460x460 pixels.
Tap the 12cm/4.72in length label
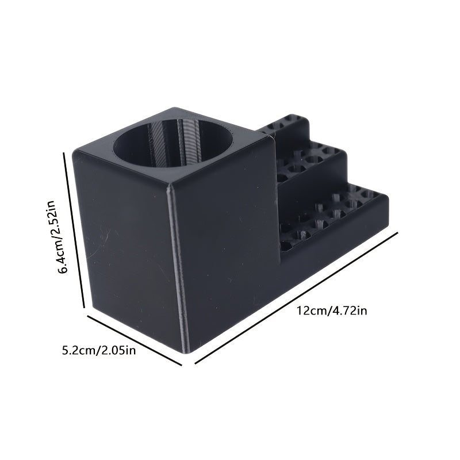pyautogui.click(x=332, y=310)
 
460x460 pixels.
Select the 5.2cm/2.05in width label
pyautogui.click(x=99, y=350)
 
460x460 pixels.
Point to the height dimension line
pyautogui.click(x=74, y=230)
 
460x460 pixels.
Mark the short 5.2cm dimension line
pyautogui.click(x=135, y=340)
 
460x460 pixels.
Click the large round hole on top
pyautogui.click(x=173, y=143)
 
